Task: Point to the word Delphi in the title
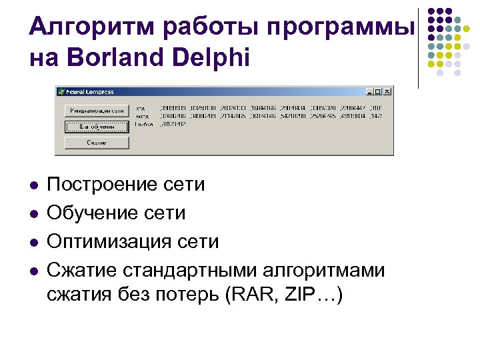[x=211, y=58]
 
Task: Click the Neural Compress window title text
[x=90, y=92]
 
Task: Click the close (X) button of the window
[x=387, y=92]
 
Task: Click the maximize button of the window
[x=378, y=92]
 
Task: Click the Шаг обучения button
[x=97, y=125]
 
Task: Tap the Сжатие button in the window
[x=97, y=142]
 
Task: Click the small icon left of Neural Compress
[x=61, y=92]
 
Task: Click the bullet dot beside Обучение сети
[x=33, y=213]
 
